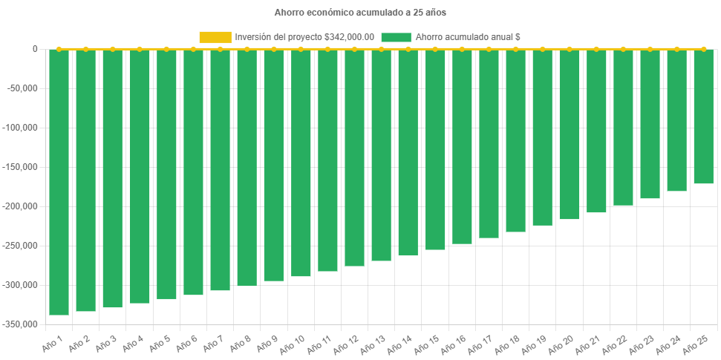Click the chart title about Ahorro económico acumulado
[360, 13]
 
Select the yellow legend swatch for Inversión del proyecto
[215, 37]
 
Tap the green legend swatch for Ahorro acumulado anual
[396, 37]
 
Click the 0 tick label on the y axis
[35, 49]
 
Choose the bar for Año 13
[381, 155]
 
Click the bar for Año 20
[569, 134]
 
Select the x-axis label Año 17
[482, 344]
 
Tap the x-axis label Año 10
[293, 344]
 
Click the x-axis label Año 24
[670, 344]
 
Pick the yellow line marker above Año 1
[59, 49]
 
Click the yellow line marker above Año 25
[703, 49]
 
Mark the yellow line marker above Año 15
[434, 49]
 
